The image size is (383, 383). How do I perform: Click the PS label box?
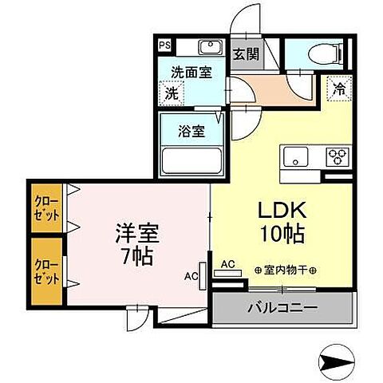point(164,45)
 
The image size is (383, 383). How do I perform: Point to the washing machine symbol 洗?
point(172,93)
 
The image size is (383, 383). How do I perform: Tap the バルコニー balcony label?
point(282,308)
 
